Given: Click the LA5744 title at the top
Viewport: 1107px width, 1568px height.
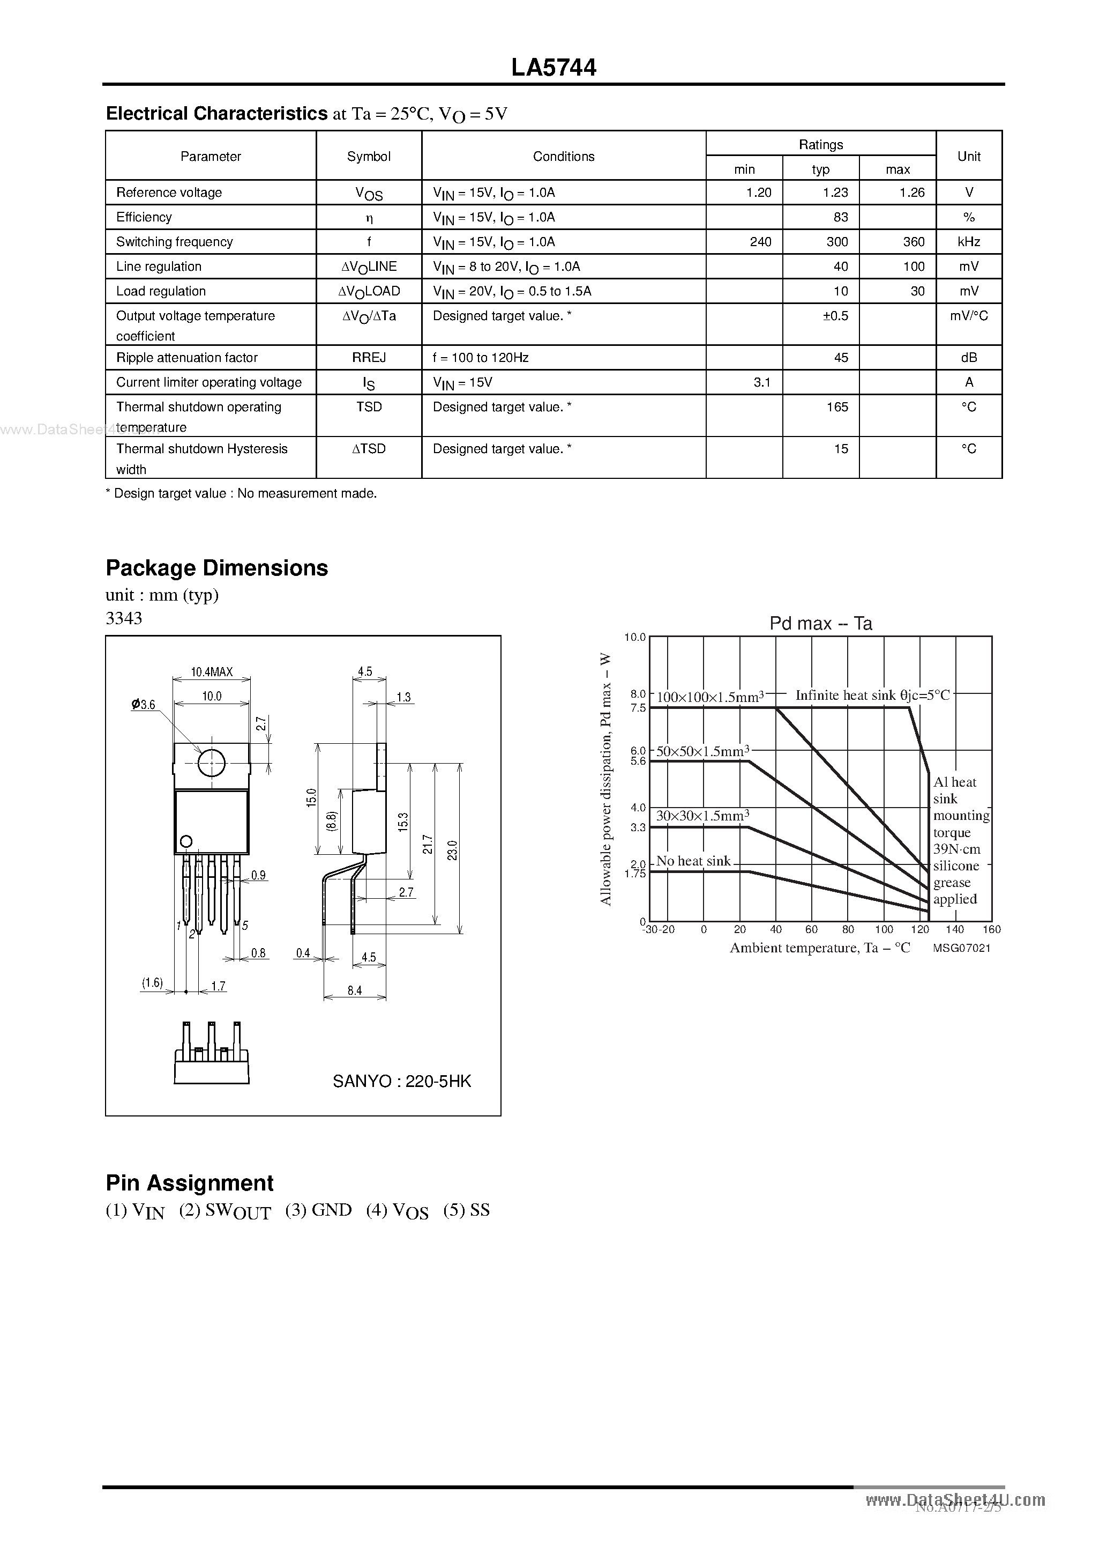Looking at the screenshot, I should point(553,67).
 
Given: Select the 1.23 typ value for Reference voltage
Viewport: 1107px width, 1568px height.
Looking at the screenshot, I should point(835,193).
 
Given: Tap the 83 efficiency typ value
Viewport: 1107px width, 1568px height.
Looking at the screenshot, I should point(840,217).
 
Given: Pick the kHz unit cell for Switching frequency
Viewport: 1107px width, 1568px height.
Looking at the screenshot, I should point(968,242).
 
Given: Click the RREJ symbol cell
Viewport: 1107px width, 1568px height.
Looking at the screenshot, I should point(369,357).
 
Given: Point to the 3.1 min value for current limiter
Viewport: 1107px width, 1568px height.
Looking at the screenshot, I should point(761,382).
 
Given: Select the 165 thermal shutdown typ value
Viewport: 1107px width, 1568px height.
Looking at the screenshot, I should point(837,407).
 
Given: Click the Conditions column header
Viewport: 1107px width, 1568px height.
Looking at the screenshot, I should point(563,157).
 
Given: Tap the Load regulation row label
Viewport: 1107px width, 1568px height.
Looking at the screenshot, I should point(161,291).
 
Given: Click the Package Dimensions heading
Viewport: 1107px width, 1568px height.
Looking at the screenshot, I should point(217,568).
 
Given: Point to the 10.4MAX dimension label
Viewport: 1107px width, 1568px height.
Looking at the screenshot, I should point(212,672).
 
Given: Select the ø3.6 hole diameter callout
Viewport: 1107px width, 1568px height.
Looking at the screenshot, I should point(144,705).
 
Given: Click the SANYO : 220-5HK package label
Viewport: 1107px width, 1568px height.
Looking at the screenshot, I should point(401,1081).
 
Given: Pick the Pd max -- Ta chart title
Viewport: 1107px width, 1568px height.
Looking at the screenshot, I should point(820,624).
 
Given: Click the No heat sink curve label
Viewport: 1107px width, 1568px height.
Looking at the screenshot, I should point(693,861).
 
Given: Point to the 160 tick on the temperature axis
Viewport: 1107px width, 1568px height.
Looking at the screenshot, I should point(991,929).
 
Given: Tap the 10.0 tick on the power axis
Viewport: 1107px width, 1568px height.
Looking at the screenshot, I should point(635,637).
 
